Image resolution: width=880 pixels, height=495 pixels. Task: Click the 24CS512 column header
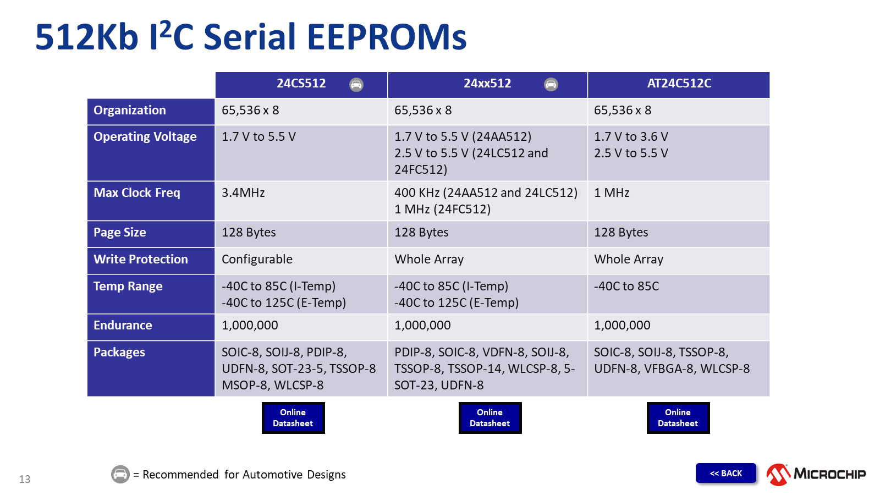[301, 83]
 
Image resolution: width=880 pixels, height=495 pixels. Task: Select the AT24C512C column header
[679, 83]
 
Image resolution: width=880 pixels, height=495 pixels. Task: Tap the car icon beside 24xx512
[551, 84]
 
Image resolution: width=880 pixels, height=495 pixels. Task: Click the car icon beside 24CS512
[356, 85]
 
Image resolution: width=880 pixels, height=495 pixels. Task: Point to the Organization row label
[130, 110]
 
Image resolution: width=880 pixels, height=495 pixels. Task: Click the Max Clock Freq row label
[137, 193]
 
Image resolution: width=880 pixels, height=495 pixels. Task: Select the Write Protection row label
[141, 259]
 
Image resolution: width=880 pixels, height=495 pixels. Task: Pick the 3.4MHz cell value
[243, 193]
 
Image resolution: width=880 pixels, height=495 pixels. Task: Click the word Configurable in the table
[257, 259]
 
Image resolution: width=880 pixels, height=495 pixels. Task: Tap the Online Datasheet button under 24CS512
[293, 417]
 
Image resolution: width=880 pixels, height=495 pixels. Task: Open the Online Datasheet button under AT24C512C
[678, 417]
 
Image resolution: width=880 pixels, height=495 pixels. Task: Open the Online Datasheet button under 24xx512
[490, 417]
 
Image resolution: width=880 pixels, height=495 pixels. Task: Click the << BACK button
[725, 473]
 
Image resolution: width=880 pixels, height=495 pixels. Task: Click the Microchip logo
[816, 474]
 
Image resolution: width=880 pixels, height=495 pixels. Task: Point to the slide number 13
[25, 479]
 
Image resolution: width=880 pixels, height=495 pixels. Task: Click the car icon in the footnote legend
[120, 474]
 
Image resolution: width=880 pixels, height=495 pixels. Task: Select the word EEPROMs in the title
[387, 37]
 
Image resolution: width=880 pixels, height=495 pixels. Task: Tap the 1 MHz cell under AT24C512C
[611, 193]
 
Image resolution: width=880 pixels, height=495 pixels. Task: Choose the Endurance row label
[123, 325]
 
